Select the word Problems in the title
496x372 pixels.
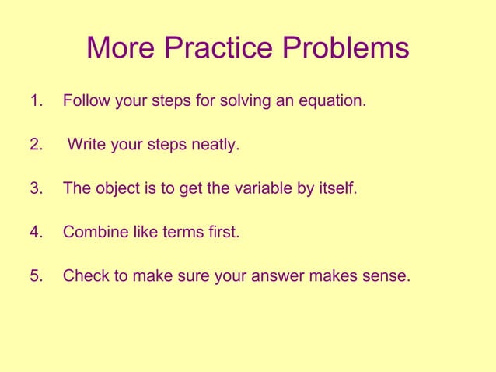coord(345,48)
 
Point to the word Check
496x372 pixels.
coord(84,275)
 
